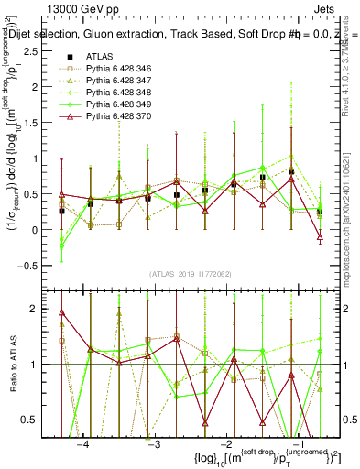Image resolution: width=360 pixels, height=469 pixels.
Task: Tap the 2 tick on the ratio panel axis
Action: pyautogui.click(x=40, y=309)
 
